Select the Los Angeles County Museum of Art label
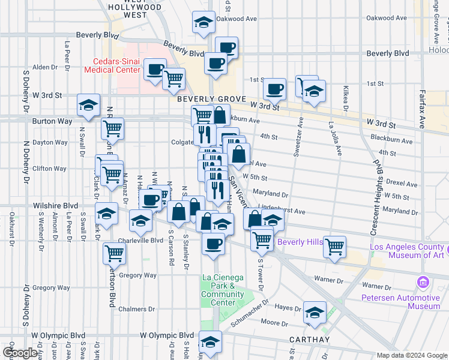click(407, 251)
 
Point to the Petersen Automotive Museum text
click(400, 302)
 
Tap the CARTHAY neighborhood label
click(309, 340)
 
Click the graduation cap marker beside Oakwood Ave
click(204, 23)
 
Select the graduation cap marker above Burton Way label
click(88, 105)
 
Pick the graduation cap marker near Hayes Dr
click(314, 312)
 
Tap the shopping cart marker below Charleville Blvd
click(114, 253)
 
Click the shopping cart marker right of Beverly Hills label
click(334, 246)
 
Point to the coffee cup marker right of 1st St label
click(275, 89)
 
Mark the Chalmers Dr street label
click(136, 310)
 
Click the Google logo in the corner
click(20, 353)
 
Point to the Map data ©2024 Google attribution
click(411, 355)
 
